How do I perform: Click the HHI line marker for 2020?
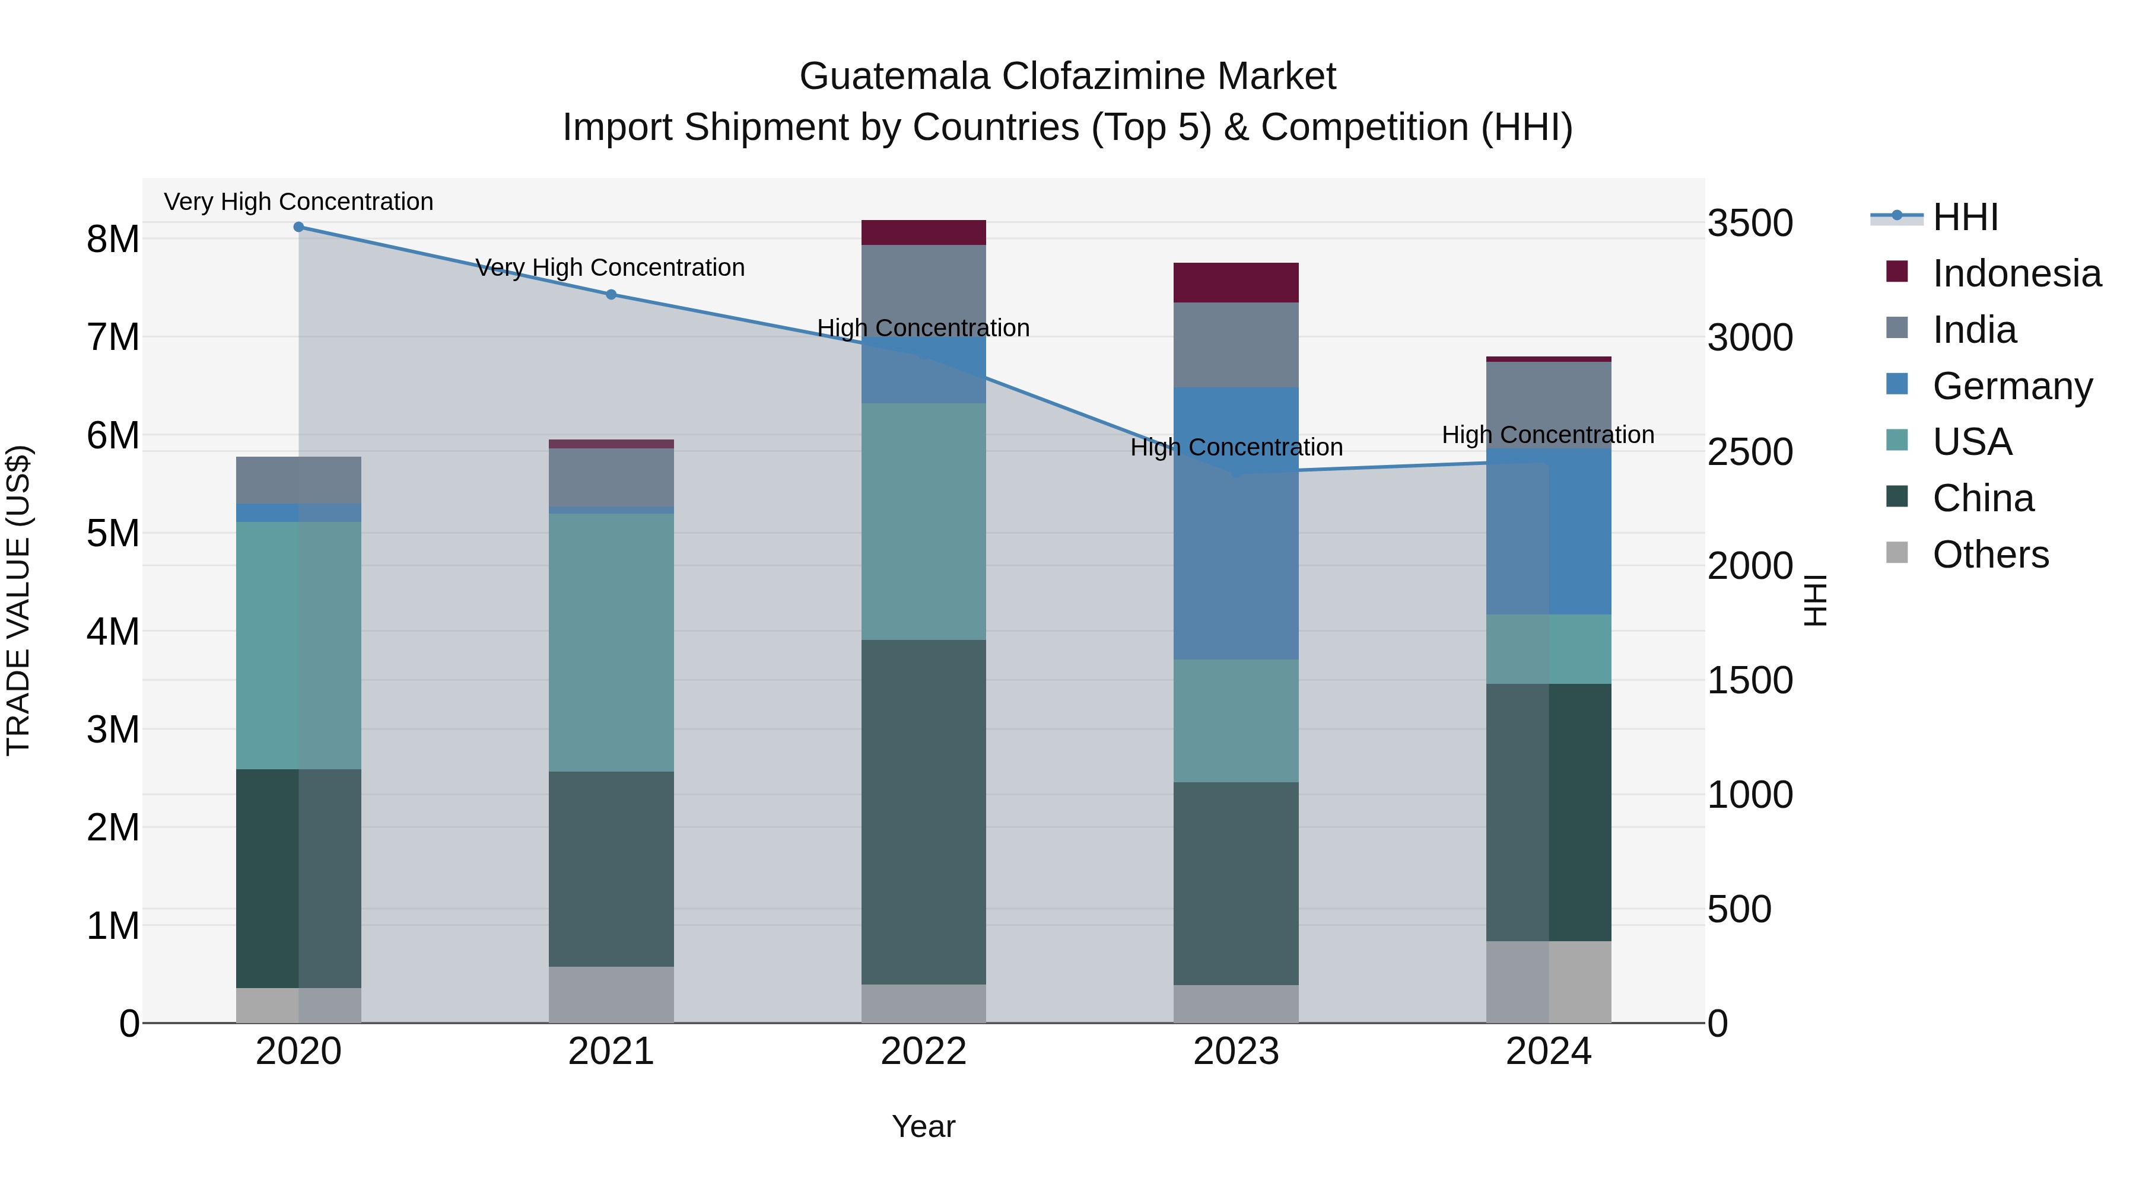(298, 227)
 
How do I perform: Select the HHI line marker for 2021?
(611, 294)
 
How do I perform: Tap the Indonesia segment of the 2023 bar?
(1235, 283)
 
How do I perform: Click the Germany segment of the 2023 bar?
(1235, 523)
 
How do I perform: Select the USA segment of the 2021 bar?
(611, 642)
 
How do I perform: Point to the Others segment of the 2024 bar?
(1548, 982)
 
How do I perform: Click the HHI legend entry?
(1965, 217)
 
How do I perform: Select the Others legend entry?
(1990, 555)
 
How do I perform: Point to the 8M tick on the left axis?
(113, 240)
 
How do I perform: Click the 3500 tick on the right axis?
(1750, 224)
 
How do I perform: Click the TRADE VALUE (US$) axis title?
(18, 600)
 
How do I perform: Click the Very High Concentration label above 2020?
(298, 202)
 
